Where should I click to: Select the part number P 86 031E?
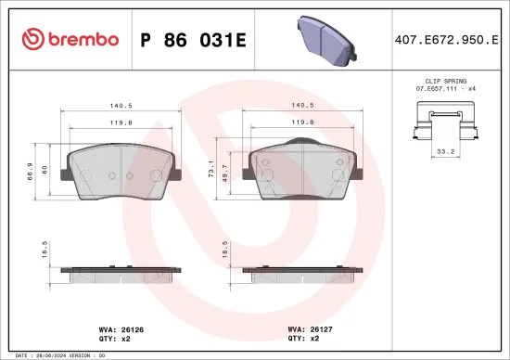pyautogui.click(x=191, y=39)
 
